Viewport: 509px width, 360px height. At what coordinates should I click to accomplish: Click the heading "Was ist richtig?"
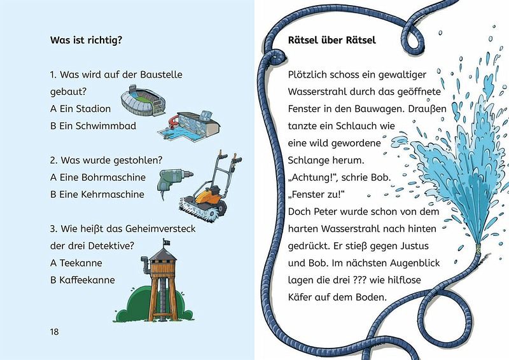pyautogui.click(x=87, y=40)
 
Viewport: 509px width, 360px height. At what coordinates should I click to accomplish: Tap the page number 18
pyautogui.click(x=54, y=331)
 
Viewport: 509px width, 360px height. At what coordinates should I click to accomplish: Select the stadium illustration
pyautogui.click(x=143, y=100)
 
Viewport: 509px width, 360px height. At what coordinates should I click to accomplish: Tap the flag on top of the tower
pyautogui.click(x=167, y=242)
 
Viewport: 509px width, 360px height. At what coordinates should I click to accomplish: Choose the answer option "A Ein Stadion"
pyautogui.click(x=81, y=109)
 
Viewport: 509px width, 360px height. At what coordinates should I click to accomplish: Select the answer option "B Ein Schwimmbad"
pyautogui.click(x=93, y=126)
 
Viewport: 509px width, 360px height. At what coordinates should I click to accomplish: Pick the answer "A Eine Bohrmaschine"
pyautogui.click(x=98, y=177)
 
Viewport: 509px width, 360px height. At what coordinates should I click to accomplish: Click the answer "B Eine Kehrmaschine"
pyautogui.click(x=97, y=194)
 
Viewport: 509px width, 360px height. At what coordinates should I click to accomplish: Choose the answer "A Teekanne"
pyautogui.click(x=76, y=263)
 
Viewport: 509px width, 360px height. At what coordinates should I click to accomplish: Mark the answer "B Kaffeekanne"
pyautogui.click(x=83, y=280)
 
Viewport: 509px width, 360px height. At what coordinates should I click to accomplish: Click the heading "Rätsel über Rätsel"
pyautogui.click(x=331, y=40)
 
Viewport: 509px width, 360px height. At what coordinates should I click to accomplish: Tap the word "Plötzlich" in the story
pyautogui.click(x=307, y=74)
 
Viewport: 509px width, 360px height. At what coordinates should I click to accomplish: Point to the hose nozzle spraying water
pyautogui.click(x=477, y=248)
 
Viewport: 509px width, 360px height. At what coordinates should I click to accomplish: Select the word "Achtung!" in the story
pyautogui.click(x=309, y=177)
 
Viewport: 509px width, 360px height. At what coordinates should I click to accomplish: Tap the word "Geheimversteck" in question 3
pyautogui.click(x=160, y=229)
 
